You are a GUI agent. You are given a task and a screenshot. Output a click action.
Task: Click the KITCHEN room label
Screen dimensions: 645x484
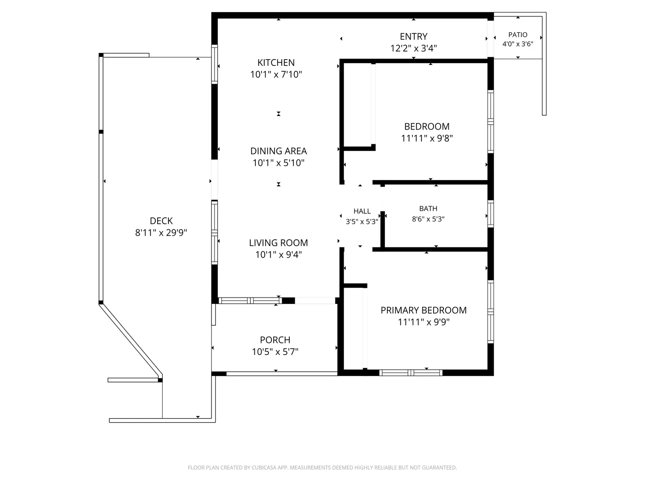click(275, 63)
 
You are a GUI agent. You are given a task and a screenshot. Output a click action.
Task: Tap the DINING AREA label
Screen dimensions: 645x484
click(278, 151)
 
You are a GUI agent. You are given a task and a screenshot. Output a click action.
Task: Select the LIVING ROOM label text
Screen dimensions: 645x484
click(278, 243)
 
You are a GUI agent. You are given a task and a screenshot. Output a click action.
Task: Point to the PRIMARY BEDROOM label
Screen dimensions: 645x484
click(423, 310)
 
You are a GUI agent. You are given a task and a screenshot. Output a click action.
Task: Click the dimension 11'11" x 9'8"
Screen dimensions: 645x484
click(427, 138)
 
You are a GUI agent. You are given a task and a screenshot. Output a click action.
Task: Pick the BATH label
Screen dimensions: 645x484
click(428, 209)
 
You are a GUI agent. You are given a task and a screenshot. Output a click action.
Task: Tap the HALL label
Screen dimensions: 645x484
click(362, 211)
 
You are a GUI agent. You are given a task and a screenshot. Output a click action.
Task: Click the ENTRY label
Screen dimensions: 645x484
click(413, 36)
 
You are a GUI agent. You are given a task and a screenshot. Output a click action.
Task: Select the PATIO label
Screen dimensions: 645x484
click(518, 35)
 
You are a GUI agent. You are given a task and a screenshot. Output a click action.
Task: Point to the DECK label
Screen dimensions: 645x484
click(161, 220)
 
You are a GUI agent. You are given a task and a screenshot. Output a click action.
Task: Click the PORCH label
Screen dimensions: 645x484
click(275, 340)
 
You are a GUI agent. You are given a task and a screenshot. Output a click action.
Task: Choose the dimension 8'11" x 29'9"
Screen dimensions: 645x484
click(161, 233)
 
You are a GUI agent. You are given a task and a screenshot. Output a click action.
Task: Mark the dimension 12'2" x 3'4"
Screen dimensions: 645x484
click(413, 48)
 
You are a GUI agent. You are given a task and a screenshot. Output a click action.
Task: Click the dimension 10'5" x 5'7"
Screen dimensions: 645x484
click(275, 352)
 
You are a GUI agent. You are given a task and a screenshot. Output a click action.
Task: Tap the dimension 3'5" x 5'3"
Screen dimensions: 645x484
click(362, 221)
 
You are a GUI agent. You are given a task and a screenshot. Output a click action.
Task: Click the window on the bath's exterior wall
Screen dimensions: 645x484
click(490, 214)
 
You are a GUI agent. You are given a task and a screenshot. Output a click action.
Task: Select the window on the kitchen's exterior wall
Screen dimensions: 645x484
click(215, 65)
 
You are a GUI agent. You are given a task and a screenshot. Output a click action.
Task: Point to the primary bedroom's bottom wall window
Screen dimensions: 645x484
click(411, 373)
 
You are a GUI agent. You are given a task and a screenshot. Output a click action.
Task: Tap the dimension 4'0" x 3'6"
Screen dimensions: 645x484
click(518, 44)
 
